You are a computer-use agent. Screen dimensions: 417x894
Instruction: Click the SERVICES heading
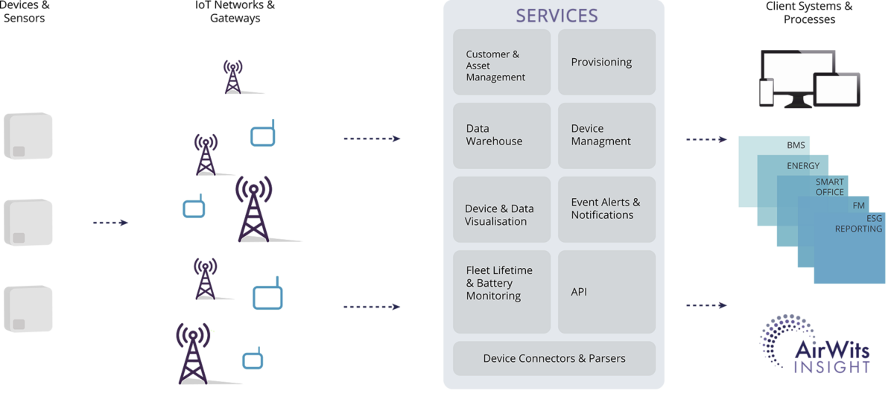pyautogui.click(x=557, y=16)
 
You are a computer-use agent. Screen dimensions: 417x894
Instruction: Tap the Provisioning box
pyautogui.click(x=606, y=62)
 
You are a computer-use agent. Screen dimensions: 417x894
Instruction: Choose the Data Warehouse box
pyautogui.click(x=501, y=135)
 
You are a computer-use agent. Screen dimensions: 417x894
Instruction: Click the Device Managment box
pyautogui.click(x=606, y=135)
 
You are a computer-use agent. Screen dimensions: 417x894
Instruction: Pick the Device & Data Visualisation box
pyautogui.click(x=501, y=214)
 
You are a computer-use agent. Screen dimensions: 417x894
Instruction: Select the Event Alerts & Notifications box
pyautogui.click(x=606, y=208)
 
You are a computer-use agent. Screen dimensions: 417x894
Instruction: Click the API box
pyautogui.click(x=606, y=291)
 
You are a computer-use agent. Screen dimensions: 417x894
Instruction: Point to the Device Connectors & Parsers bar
pyautogui.click(x=554, y=358)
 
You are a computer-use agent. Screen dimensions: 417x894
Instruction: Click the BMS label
pyautogui.click(x=796, y=145)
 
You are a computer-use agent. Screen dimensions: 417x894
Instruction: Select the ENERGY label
pyautogui.click(x=802, y=166)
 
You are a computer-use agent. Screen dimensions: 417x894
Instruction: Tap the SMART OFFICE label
pyautogui.click(x=829, y=187)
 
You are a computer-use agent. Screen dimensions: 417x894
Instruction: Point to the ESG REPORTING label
pyautogui.click(x=858, y=223)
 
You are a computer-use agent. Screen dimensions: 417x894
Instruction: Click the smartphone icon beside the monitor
pyautogui.click(x=767, y=91)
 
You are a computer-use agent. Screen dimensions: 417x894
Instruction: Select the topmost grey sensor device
pyautogui.click(x=28, y=136)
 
